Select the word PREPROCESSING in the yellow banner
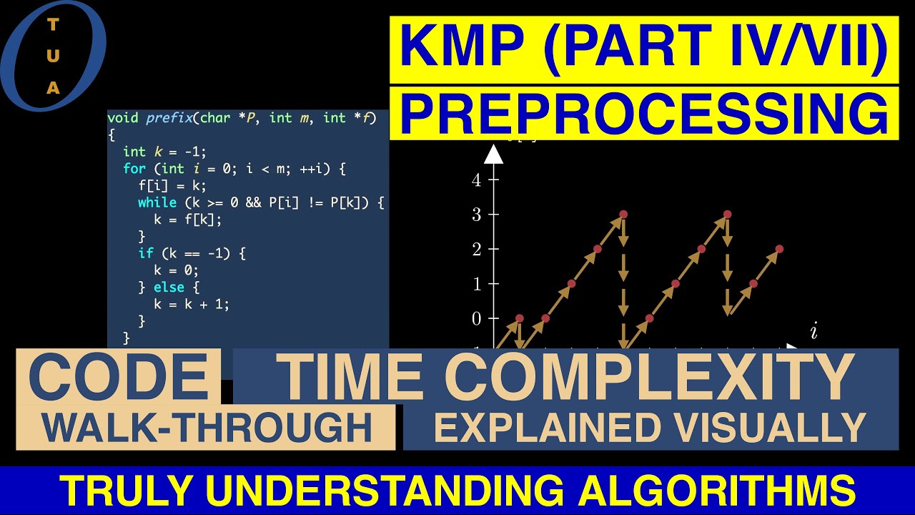tap(643, 113)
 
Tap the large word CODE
tap(119, 376)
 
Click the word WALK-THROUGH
tap(206, 428)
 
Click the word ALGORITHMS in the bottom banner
tap(718, 491)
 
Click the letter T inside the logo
tap(53, 24)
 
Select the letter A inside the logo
tap(53, 88)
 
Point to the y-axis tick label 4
tap(476, 180)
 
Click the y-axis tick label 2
tap(476, 249)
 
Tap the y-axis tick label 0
tap(476, 318)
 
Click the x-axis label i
tap(813, 331)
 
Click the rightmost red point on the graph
tap(779, 249)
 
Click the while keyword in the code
tap(157, 202)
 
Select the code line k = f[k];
tap(188, 220)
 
